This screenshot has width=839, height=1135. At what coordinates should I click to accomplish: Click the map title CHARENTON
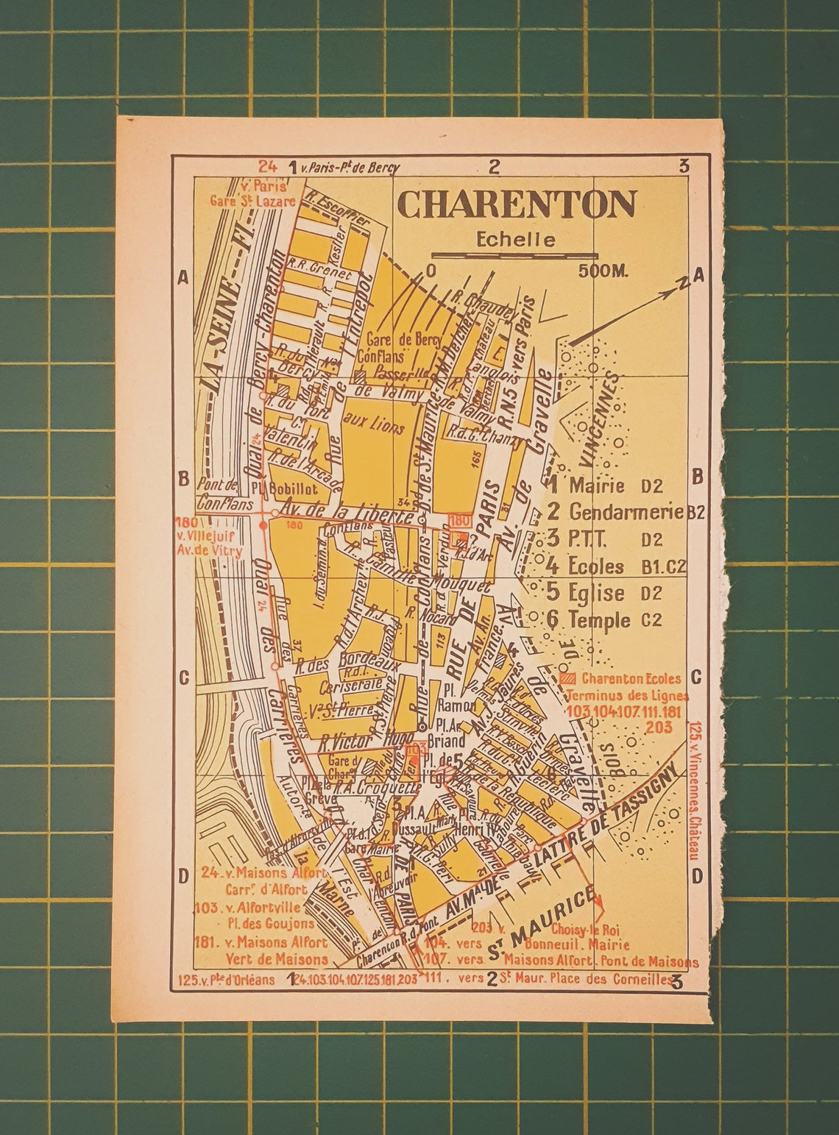(517, 205)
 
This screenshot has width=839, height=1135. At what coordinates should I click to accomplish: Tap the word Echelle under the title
(515, 240)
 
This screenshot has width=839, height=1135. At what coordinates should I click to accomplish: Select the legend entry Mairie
(597, 485)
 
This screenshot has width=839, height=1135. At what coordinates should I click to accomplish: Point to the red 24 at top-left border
(267, 166)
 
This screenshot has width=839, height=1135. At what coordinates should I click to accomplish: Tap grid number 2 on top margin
(495, 166)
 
